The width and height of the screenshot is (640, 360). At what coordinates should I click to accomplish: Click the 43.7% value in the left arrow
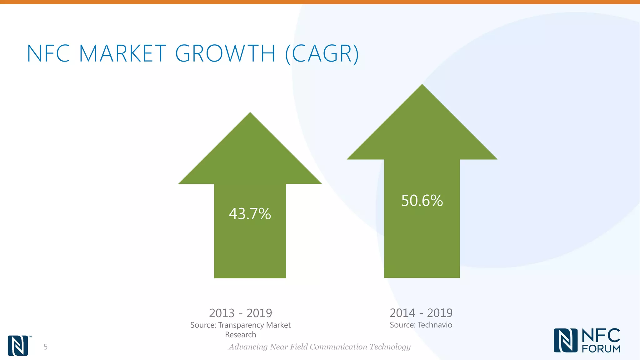tap(250, 214)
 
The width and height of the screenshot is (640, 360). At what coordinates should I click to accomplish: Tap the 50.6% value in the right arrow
tap(422, 201)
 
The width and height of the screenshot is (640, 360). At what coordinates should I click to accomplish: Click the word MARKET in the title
tap(122, 53)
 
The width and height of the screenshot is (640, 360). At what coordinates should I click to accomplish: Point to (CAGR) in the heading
tap(322, 54)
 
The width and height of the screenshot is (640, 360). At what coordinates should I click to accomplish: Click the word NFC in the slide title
tap(48, 53)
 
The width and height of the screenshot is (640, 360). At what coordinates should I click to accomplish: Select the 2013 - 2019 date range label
tap(240, 313)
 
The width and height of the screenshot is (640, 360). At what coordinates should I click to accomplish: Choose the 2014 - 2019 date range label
tap(421, 312)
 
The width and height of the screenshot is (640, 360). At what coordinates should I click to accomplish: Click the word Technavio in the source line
tap(435, 325)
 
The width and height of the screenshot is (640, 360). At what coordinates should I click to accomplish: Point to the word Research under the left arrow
tap(240, 335)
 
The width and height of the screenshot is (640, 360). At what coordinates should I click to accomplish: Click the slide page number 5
tap(46, 347)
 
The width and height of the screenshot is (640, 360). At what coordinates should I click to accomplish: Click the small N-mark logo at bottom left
tap(18, 345)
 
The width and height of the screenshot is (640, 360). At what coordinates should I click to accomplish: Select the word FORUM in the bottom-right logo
tap(601, 349)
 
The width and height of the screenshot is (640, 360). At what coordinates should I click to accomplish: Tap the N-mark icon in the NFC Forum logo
tap(565, 340)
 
